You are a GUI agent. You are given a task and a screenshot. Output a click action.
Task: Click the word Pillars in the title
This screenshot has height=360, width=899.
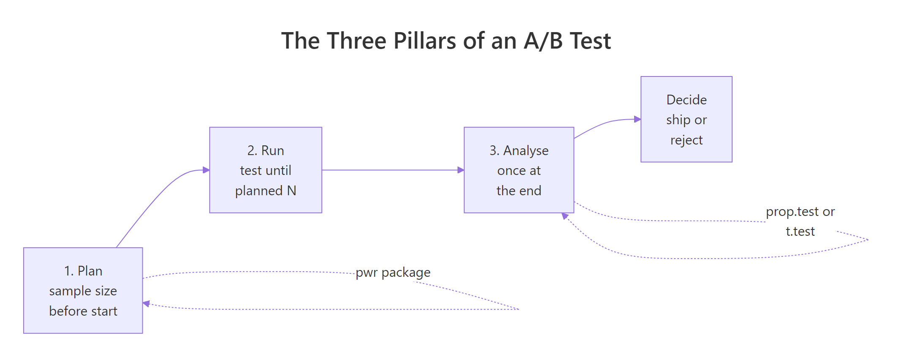(x=425, y=41)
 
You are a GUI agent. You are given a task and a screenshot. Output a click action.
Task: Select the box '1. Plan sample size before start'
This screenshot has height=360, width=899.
(x=83, y=290)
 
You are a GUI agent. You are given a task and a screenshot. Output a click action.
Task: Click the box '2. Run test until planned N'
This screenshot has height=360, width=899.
(x=265, y=170)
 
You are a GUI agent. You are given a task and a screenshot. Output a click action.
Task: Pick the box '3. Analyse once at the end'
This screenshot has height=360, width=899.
(x=518, y=170)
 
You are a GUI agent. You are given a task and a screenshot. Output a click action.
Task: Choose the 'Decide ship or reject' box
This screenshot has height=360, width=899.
(x=686, y=119)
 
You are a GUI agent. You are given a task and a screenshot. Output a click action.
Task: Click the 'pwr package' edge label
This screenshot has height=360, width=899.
(x=393, y=273)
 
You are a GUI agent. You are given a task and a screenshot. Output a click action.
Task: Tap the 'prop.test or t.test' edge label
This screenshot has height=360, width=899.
(x=800, y=221)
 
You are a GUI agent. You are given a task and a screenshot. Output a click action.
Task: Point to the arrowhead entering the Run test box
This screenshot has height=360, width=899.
(x=206, y=170)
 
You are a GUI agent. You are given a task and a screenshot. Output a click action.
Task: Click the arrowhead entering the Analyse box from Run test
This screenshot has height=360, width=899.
(x=461, y=170)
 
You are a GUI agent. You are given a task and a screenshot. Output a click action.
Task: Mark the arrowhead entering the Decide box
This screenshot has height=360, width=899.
(x=637, y=119)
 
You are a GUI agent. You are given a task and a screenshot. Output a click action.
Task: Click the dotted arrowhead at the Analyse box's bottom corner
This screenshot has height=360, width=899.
(x=565, y=216)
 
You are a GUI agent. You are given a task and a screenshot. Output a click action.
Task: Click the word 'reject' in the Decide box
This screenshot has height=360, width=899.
(x=686, y=140)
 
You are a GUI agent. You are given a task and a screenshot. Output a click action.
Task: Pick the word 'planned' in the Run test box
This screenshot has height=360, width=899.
(x=259, y=191)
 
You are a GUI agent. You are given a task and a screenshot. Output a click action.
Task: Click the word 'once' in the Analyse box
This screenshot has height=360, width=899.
(x=511, y=170)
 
